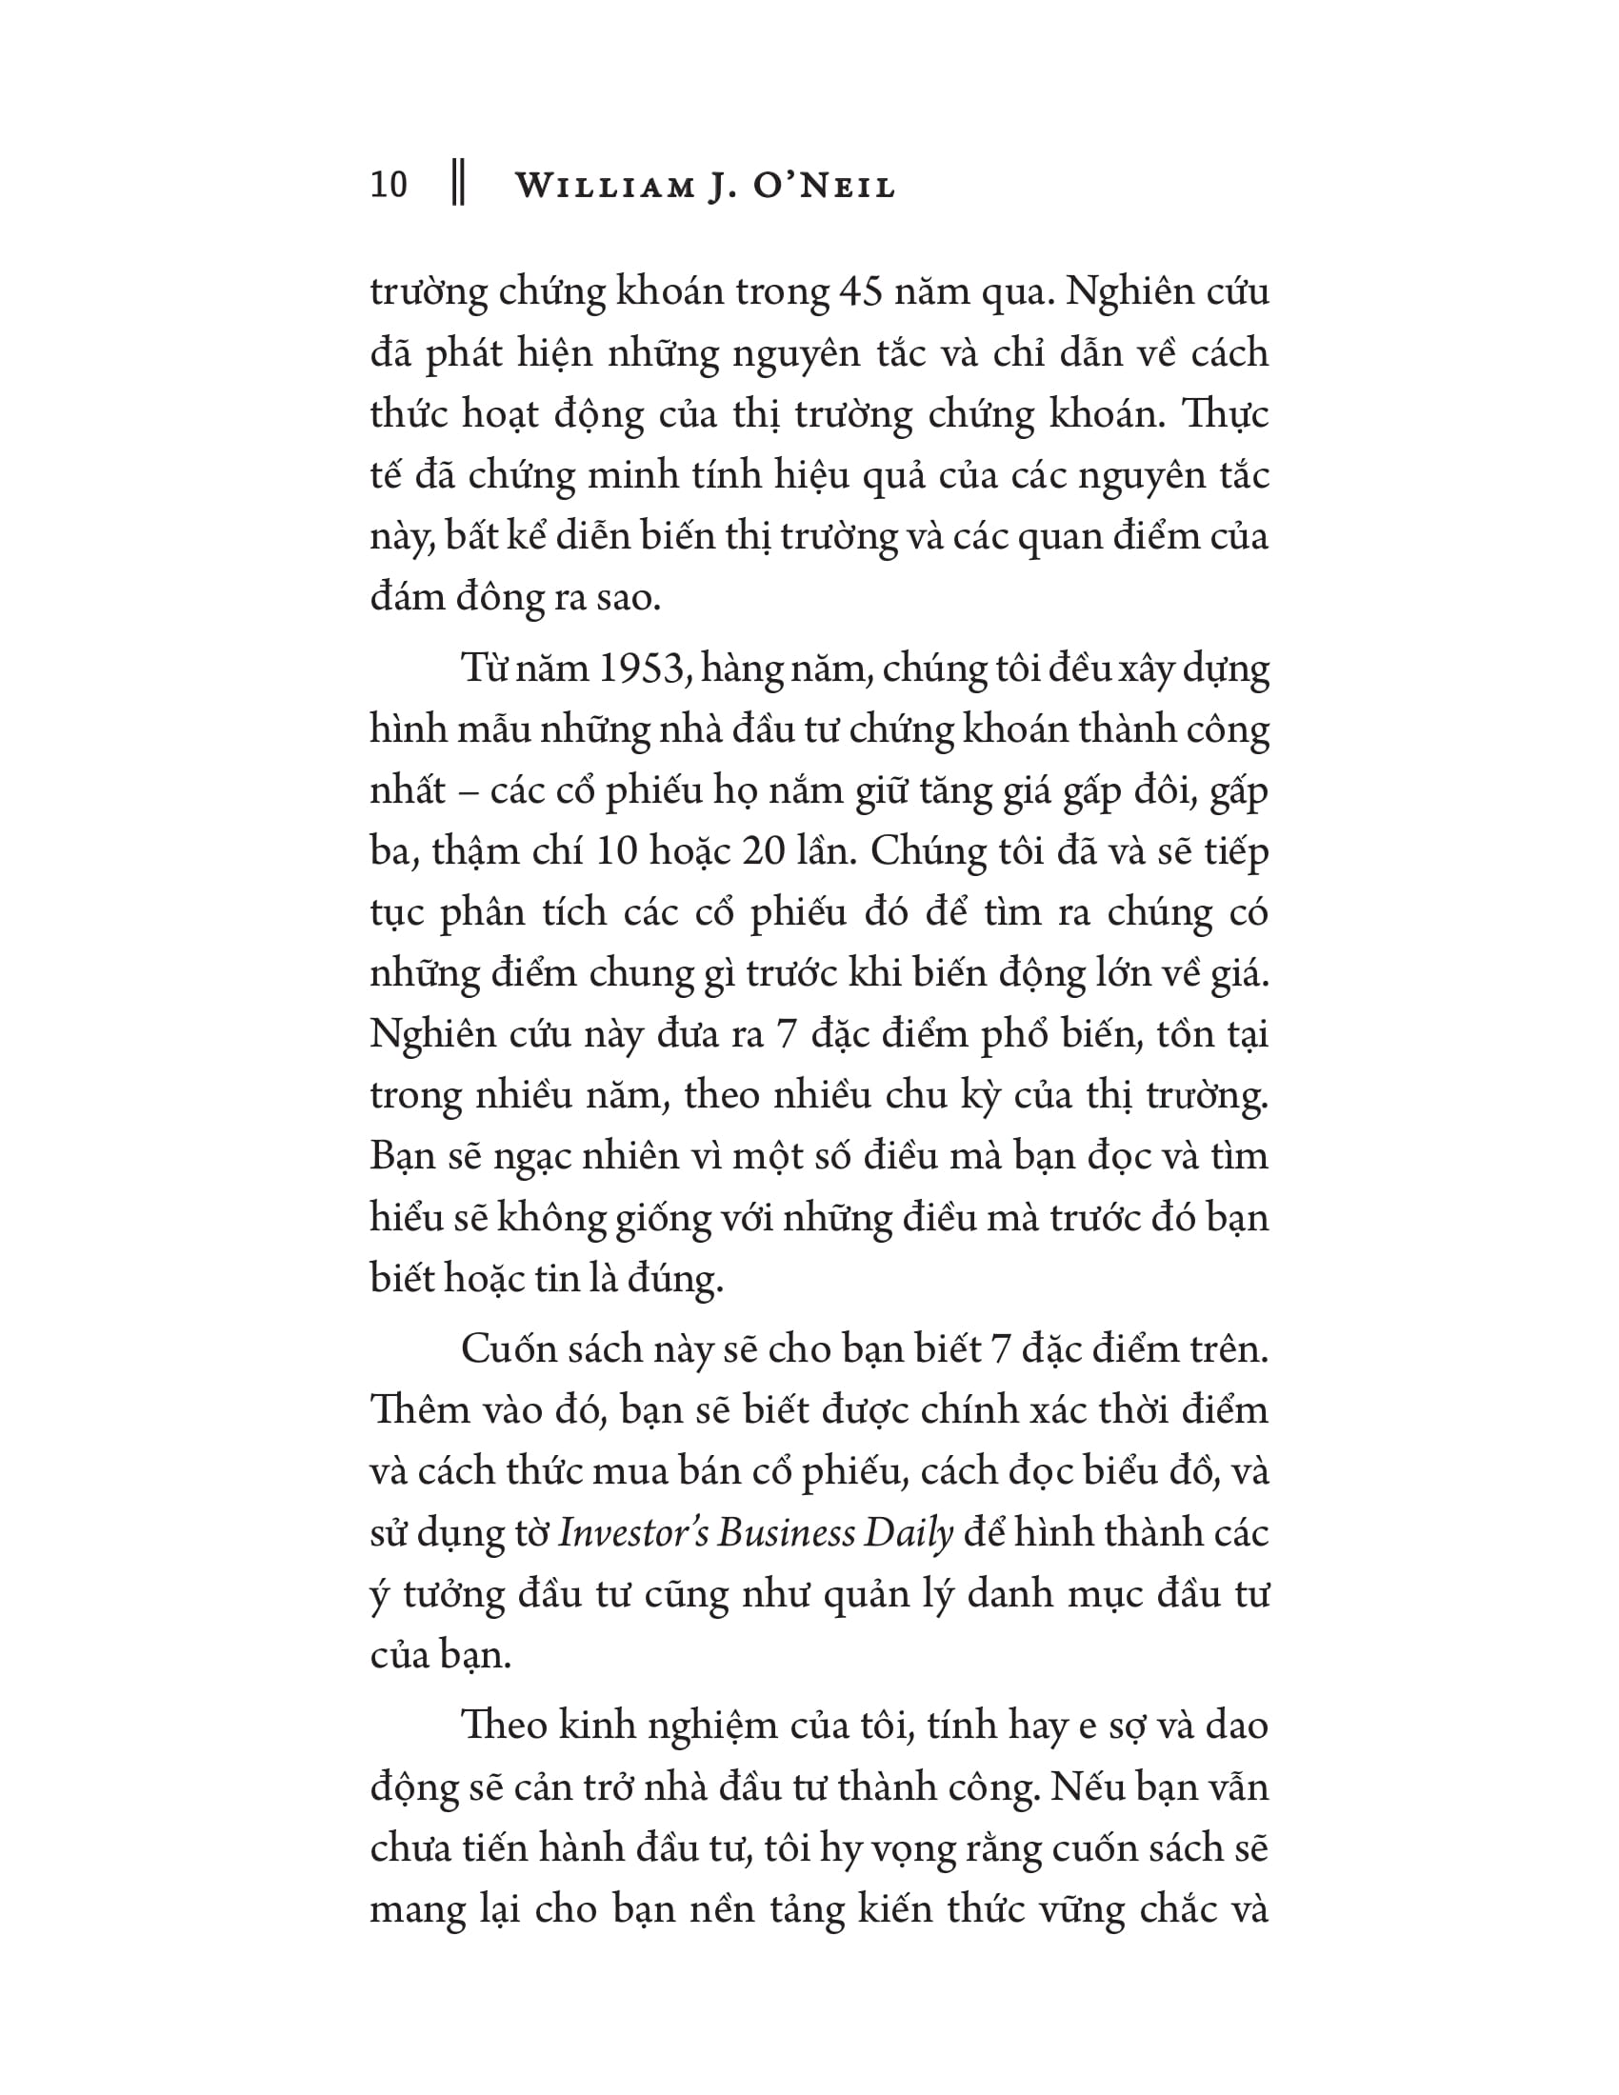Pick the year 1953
pyautogui.click(x=641, y=668)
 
